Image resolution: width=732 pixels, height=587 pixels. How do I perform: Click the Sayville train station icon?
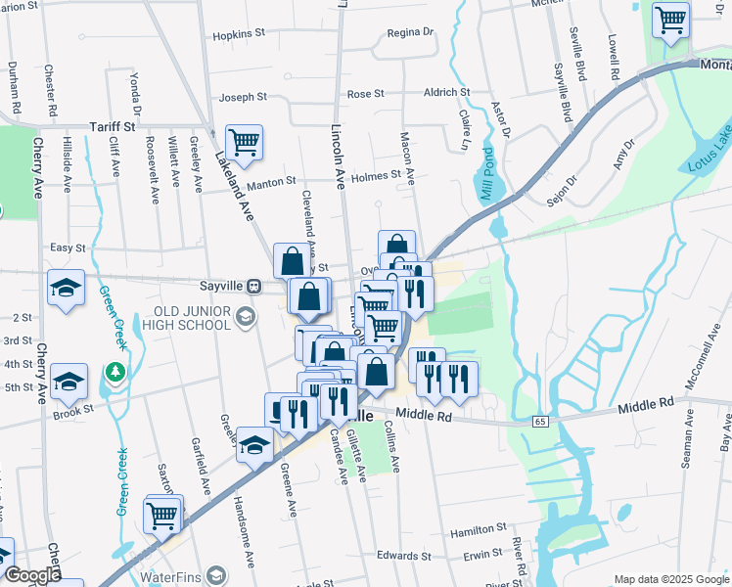pos(253,287)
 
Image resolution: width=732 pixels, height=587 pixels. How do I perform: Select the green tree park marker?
pos(115,372)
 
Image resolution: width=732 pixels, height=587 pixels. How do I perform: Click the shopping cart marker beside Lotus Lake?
pos(670,21)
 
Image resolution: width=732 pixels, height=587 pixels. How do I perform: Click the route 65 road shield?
pos(540,421)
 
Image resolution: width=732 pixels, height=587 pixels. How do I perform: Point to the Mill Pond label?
pos(487,181)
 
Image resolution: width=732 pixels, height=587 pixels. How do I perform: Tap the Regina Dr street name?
pos(409,32)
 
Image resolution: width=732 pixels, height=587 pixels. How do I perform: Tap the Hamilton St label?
pos(477,532)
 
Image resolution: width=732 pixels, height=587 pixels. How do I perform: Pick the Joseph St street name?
pos(243,97)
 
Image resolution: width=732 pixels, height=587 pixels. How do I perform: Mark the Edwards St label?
pos(403,556)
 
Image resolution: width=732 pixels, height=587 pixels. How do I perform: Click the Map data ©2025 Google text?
pos(670,578)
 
